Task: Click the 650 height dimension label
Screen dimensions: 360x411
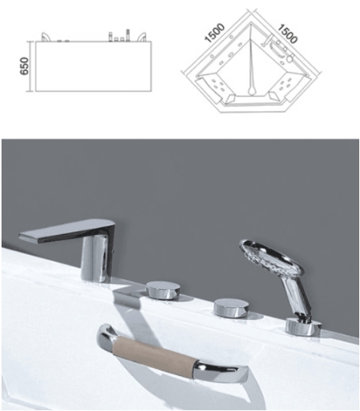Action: coord(25,66)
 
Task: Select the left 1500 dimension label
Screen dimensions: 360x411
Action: coord(214,33)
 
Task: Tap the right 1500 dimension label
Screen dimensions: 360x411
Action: coord(287,34)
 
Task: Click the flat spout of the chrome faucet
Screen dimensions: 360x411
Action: coord(67,230)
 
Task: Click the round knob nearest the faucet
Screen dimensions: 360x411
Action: coord(163,290)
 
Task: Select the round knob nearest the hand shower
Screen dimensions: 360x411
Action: coord(231,308)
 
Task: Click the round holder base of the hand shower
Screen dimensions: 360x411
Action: coord(303,326)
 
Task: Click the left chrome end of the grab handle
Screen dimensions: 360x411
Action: coord(106,335)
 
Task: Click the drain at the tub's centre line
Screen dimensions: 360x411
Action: coord(251,90)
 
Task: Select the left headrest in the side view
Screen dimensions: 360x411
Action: coord(45,37)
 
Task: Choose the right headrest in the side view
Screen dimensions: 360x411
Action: coord(142,37)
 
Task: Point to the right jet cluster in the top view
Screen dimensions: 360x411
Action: coord(284,83)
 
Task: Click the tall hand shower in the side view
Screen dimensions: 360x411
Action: coord(128,35)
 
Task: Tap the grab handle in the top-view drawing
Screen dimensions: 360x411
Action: coord(277,51)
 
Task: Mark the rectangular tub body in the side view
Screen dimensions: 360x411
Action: coord(93,66)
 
